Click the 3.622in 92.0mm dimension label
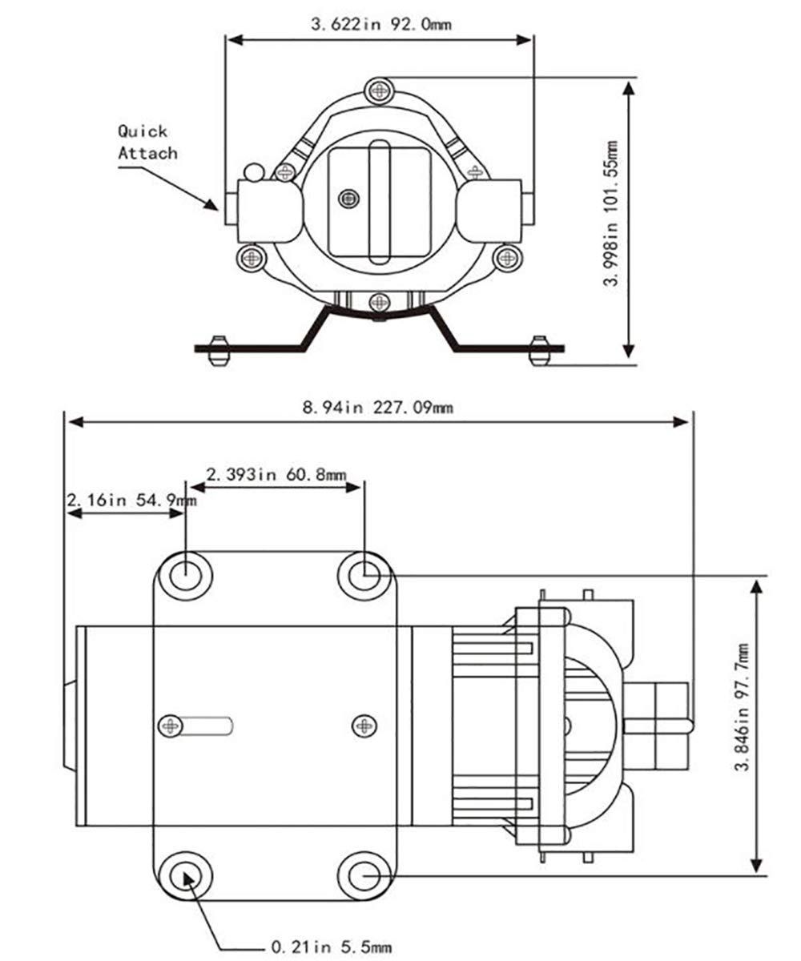point(380,24)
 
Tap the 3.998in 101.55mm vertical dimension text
point(610,213)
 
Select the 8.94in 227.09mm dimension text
point(377,408)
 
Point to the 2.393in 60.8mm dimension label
point(276,474)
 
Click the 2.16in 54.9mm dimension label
point(131,500)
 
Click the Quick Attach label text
point(147,143)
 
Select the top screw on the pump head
point(380,90)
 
